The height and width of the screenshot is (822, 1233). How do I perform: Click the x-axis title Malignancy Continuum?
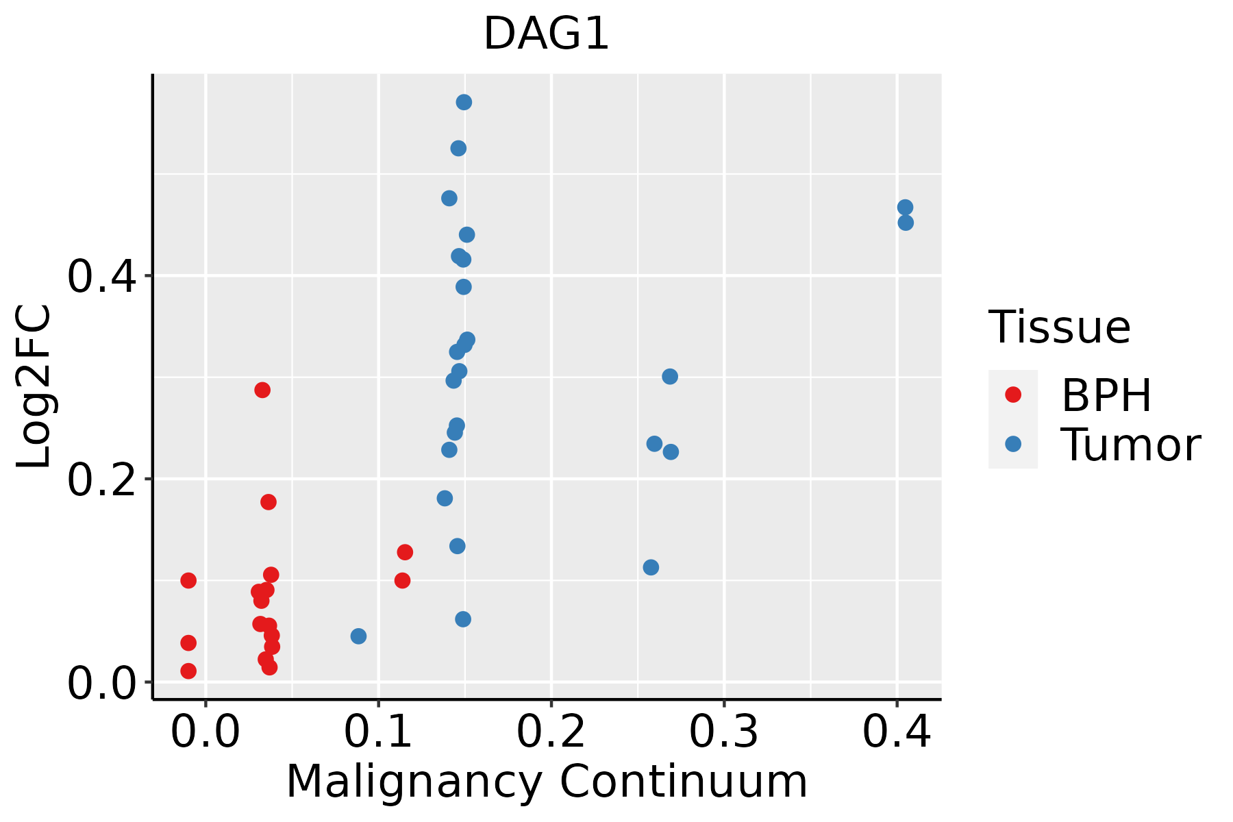coord(546,782)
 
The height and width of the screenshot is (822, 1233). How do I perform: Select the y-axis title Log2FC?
coord(34,386)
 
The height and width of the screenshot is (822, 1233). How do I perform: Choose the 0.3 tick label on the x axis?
coord(723,732)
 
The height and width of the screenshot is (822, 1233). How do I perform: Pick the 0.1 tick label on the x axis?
coord(378,732)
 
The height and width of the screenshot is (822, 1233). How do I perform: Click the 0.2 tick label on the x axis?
coord(551,732)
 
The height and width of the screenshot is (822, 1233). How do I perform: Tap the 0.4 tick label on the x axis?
coord(896,732)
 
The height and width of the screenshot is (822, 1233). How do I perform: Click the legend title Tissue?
coord(1059,327)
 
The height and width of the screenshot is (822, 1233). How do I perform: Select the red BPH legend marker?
coord(1012,394)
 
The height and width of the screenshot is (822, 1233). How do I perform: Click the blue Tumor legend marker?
coord(1012,444)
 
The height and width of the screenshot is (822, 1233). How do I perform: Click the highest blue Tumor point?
coord(464,102)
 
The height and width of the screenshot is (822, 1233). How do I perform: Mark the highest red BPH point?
coord(262,390)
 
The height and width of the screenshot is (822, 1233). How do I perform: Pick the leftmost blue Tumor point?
coord(358,636)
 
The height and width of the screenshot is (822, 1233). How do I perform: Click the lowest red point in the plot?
coord(188,671)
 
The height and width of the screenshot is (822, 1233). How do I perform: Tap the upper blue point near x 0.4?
coord(905,207)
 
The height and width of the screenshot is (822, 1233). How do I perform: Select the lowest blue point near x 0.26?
coord(651,567)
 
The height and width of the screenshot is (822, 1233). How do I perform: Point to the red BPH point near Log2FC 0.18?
coord(269,502)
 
